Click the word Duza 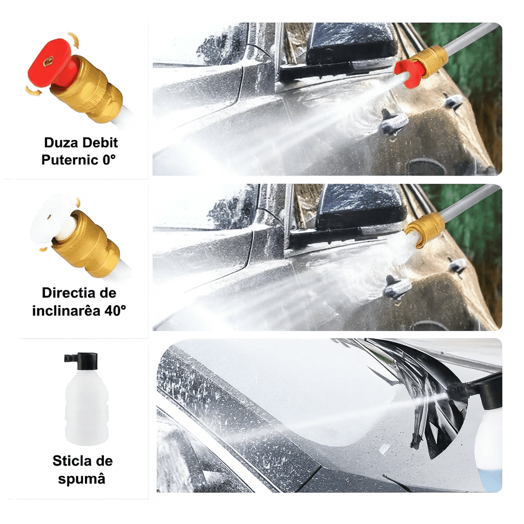[61, 143]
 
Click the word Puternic [69, 160]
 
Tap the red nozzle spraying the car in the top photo [409, 73]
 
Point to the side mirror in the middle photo [358, 207]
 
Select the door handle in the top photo [394, 123]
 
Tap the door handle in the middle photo [397, 288]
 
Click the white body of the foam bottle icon [86, 409]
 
